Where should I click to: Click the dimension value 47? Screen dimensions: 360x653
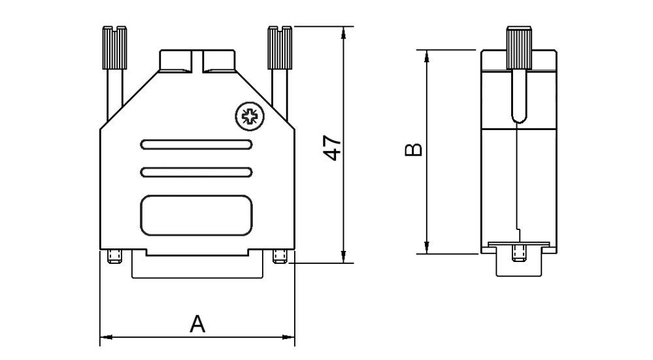click(x=333, y=149)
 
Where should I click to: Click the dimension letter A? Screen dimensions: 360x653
click(x=197, y=323)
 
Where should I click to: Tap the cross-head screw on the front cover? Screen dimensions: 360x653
click(x=250, y=116)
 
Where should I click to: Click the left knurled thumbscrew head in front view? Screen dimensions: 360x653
click(x=114, y=48)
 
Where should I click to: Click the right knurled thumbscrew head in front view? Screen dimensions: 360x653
click(x=280, y=48)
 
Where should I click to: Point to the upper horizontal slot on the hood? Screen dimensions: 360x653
click(x=196, y=145)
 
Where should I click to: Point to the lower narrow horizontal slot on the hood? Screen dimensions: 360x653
click(x=196, y=172)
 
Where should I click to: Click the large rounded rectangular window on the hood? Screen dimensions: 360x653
click(x=196, y=215)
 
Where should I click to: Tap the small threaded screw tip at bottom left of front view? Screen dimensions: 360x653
click(x=114, y=257)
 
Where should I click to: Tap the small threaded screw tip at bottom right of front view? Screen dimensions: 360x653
click(x=280, y=257)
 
